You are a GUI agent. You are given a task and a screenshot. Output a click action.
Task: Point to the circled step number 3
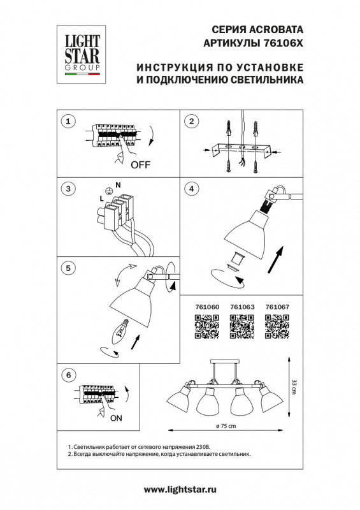[70, 189]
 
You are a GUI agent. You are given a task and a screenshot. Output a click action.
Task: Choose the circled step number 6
[70, 375]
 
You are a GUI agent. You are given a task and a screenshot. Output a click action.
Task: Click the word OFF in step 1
[140, 164]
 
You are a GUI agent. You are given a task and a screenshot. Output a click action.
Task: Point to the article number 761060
[205, 307]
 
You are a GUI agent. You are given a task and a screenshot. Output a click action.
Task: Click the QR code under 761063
[241, 327]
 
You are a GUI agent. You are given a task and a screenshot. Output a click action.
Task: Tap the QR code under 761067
[277, 327]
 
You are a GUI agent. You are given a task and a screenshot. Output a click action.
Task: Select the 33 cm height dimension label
[294, 386]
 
